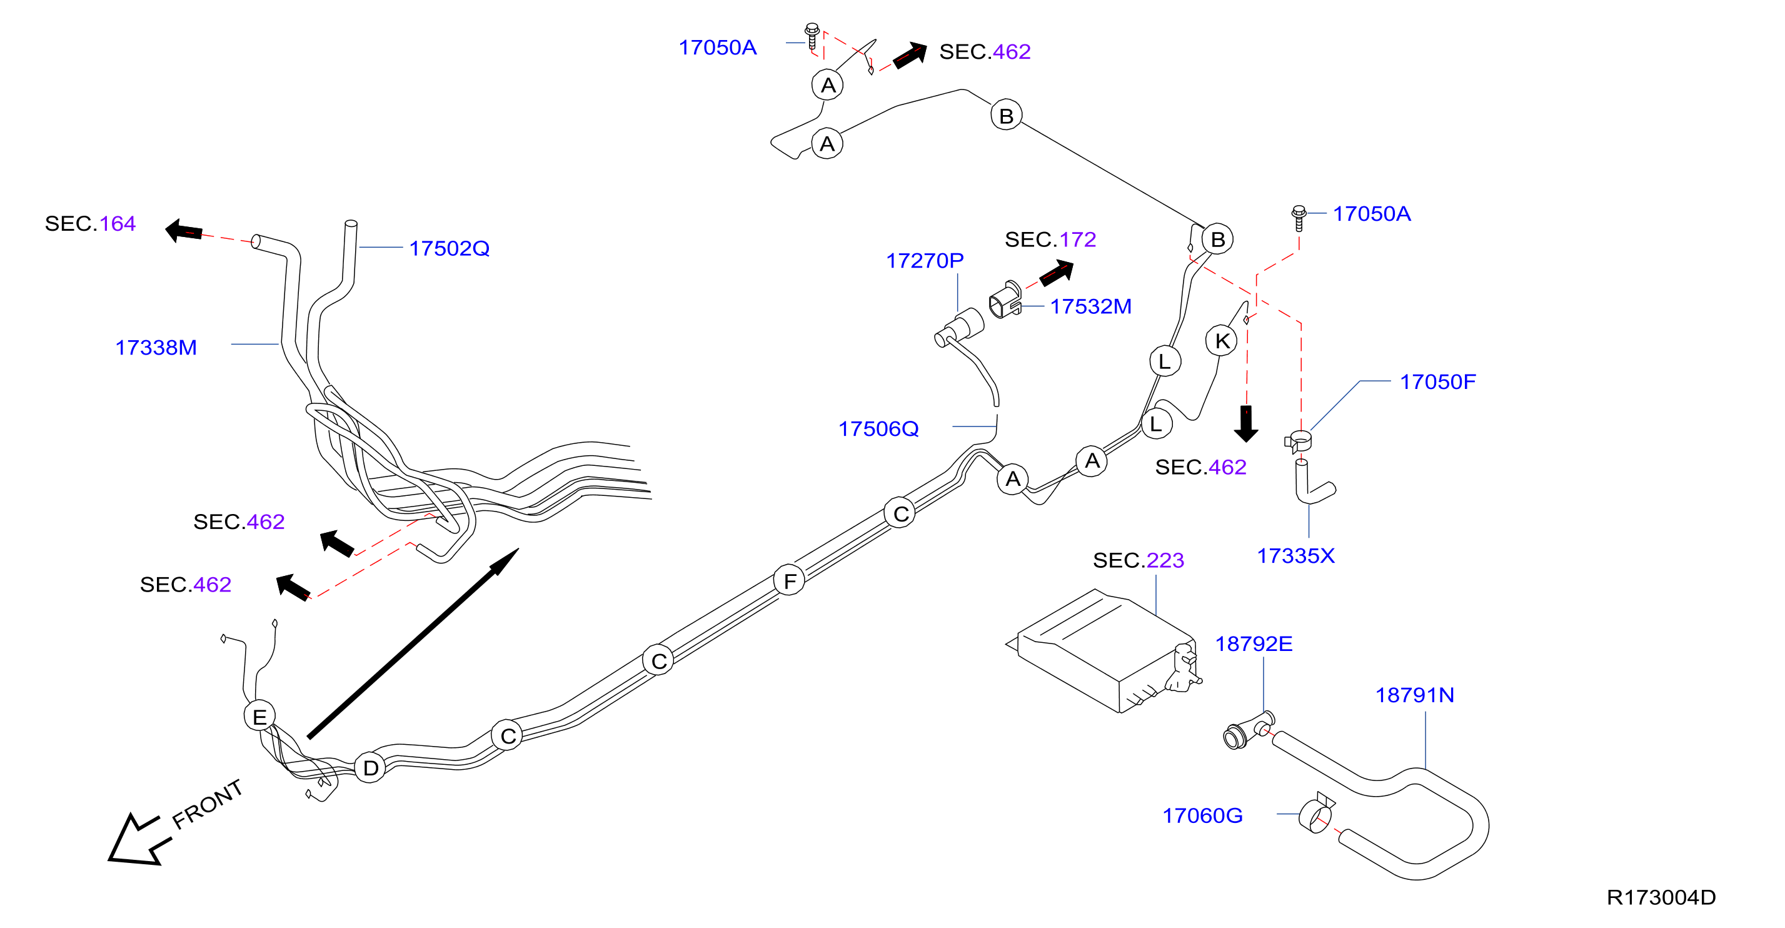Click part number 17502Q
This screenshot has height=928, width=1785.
coord(449,248)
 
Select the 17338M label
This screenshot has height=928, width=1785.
coord(156,347)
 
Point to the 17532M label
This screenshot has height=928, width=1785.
coord(1090,306)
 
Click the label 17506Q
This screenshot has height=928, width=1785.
coord(878,429)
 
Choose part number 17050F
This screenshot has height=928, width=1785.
coord(1438,382)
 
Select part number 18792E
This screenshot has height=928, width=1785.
coord(1254,644)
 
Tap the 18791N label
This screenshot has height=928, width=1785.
coord(1414,695)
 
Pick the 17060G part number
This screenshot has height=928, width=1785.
coord(1202,815)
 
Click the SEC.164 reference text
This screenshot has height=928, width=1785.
coord(90,224)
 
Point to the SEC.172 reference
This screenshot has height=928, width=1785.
coord(1050,240)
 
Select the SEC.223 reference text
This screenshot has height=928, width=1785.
coord(1139,560)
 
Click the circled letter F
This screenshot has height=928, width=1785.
coord(789,580)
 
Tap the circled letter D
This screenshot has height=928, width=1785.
coord(371,767)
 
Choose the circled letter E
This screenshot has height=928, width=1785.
coord(260,716)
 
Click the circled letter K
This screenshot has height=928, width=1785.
coord(1222,340)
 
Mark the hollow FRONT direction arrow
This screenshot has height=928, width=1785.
coord(136,840)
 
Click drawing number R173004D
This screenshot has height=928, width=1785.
coord(1661,897)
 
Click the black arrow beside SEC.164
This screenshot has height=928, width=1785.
coord(184,231)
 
